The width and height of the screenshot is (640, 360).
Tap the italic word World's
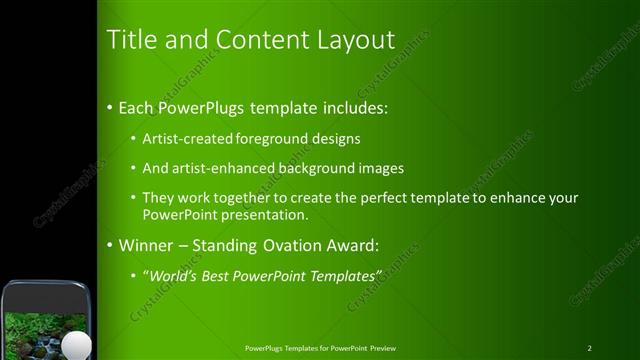tap(173, 275)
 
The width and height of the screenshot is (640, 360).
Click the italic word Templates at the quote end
tap(345, 275)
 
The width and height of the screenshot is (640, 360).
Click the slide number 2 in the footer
tap(590, 348)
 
